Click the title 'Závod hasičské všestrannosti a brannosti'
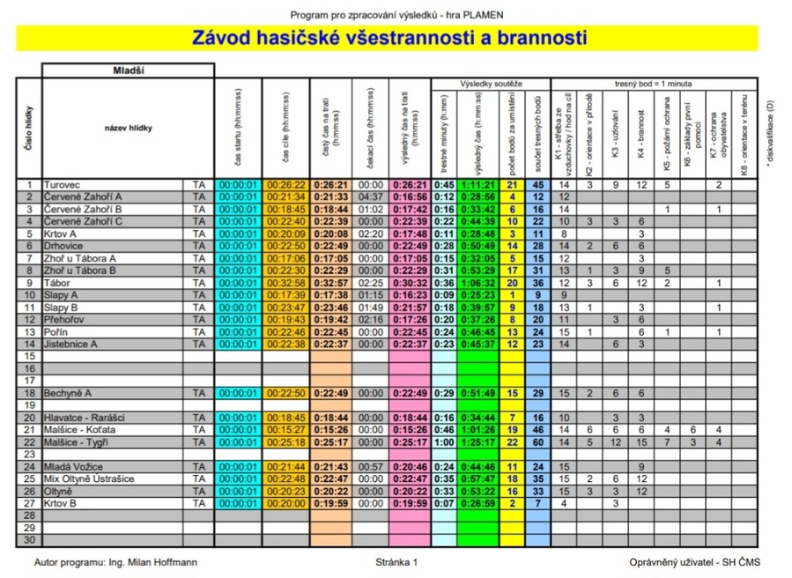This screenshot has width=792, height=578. (x=389, y=38)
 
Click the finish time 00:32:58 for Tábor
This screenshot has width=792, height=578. (x=286, y=283)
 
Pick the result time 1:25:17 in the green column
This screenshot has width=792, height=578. (x=477, y=441)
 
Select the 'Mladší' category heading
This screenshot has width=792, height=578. (x=129, y=70)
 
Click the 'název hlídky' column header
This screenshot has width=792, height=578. (x=128, y=129)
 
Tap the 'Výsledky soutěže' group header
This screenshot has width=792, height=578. (x=491, y=83)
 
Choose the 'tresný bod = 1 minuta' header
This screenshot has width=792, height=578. (x=654, y=83)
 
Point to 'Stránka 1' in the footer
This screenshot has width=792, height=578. (x=396, y=561)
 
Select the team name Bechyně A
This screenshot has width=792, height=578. (x=69, y=392)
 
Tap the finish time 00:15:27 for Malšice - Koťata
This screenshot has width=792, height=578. (x=286, y=429)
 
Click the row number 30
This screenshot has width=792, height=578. (x=29, y=539)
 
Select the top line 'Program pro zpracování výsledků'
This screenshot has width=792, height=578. (x=396, y=15)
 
